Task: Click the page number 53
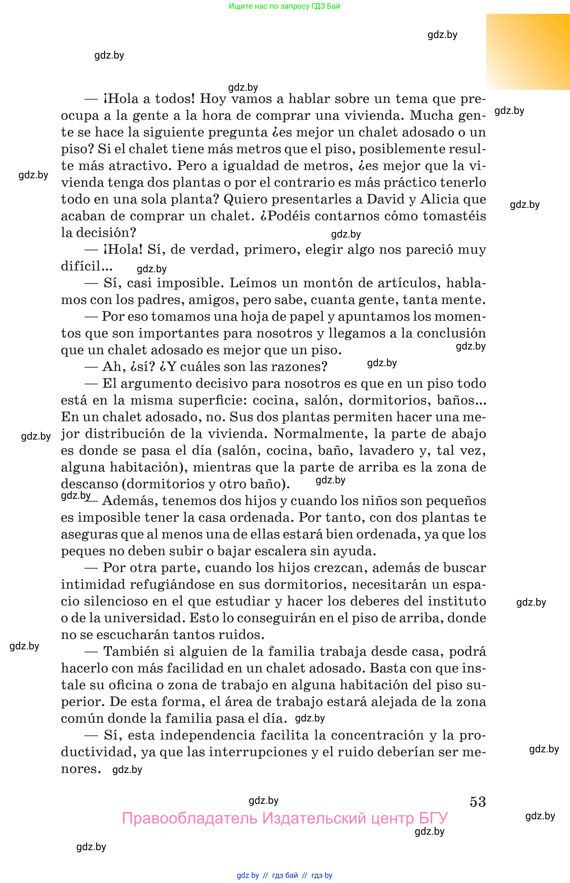(477, 801)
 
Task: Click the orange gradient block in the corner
(528, 52)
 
